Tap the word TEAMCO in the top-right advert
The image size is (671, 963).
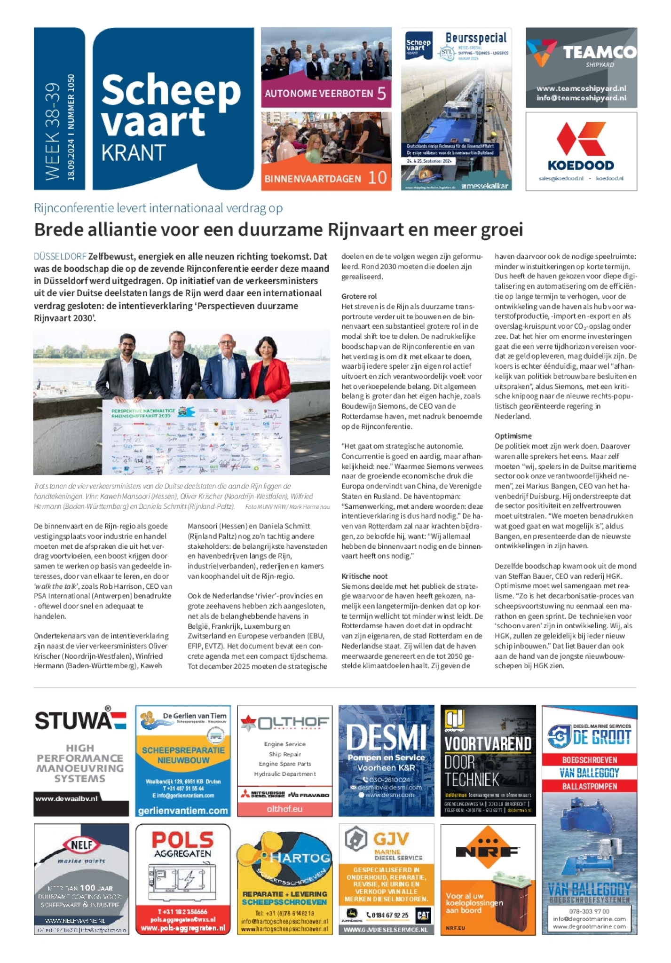click(x=600, y=52)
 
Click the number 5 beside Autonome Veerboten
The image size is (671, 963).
click(x=381, y=93)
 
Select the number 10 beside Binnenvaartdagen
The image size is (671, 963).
click(x=377, y=178)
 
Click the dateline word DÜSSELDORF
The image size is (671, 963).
click(x=60, y=257)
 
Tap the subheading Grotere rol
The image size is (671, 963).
click(x=359, y=296)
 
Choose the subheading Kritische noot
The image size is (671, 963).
click(x=364, y=576)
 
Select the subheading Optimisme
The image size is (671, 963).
click(x=513, y=436)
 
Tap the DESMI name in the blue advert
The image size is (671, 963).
click(x=386, y=737)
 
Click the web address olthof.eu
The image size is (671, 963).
click(x=284, y=809)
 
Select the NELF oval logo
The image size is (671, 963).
click(x=81, y=845)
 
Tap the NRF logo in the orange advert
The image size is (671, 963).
click(x=488, y=851)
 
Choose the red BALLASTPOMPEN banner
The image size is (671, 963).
click(x=589, y=786)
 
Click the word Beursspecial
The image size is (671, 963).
click(x=476, y=38)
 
